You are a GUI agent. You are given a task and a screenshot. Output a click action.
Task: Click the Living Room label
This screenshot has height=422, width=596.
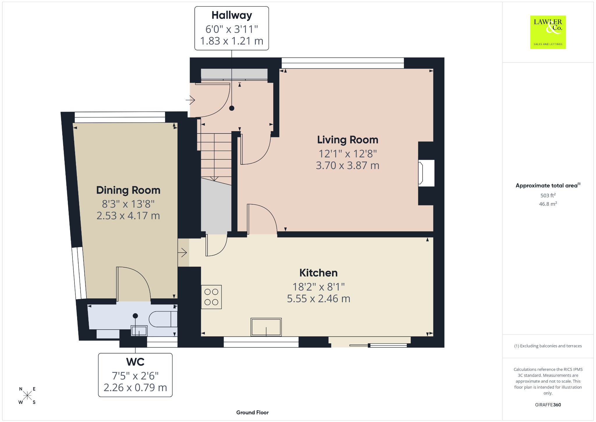(347, 140)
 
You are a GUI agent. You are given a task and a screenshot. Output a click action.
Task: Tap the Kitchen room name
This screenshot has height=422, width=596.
(318, 273)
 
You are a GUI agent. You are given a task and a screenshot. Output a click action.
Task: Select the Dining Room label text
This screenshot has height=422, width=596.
(128, 190)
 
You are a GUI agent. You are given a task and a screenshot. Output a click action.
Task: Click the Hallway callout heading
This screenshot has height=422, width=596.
(232, 15)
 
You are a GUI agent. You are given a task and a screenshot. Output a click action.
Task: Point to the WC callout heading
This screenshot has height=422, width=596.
(135, 362)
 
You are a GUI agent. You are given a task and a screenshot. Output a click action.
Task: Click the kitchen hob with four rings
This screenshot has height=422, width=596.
(211, 297)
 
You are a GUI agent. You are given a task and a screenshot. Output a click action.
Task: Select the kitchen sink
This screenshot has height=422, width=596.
(266, 327)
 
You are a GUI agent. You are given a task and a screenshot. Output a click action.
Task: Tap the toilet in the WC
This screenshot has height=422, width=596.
(163, 319)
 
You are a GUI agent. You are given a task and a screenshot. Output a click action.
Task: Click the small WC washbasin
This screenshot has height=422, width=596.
(139, 331)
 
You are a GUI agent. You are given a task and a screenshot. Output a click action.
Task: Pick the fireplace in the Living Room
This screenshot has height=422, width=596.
(426, 173)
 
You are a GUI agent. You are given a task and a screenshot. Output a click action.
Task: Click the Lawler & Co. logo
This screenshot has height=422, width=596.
(548, 32)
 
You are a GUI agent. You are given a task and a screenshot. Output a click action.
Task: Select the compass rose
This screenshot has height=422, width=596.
(27, 395)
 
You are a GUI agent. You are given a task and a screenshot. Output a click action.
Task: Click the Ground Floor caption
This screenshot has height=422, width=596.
(252, 412)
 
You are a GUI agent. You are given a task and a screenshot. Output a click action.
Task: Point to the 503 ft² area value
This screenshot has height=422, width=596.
(548, 196)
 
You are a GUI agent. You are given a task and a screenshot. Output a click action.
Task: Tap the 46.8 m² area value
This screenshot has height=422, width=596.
(548, 204)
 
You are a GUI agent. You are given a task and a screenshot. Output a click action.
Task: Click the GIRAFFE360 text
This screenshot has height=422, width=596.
(548, 405)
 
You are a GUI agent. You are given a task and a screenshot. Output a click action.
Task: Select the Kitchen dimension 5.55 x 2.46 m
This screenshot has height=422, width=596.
(318, 299)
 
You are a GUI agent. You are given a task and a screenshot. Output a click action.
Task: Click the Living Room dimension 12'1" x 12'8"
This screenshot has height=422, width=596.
(347, 154)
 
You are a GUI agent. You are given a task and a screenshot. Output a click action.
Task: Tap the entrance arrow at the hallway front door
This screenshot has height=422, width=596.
(190, 101)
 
